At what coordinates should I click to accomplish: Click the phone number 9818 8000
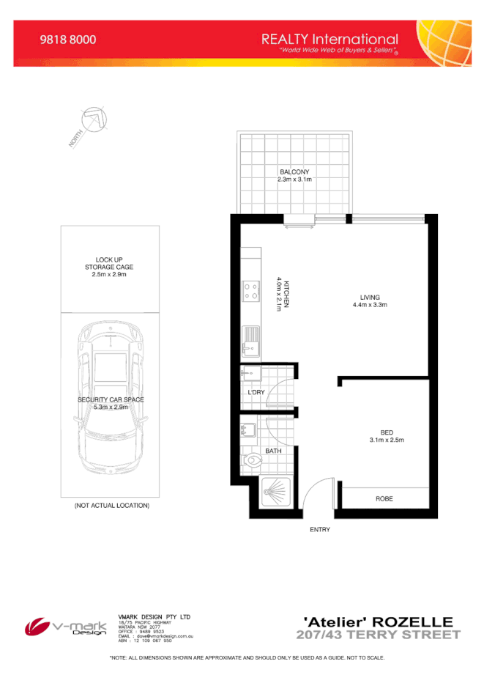[67, 40]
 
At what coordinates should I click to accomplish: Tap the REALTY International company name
[330, 39]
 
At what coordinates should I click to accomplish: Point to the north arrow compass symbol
[89, 122]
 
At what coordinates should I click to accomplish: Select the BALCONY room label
[294, 172]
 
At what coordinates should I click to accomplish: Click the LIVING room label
[369, 297]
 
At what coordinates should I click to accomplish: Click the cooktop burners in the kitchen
[250, 291]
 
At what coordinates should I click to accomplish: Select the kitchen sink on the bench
[250, 339]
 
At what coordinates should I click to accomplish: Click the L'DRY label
[256, 392]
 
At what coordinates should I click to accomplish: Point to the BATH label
[273, 451]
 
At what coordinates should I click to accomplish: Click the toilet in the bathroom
[251, 460]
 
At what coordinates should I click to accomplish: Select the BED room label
[387, 432]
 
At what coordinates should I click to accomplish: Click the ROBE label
[384, 498]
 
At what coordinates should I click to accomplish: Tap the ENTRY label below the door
[320, 529]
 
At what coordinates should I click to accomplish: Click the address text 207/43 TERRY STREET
[378, 635]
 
